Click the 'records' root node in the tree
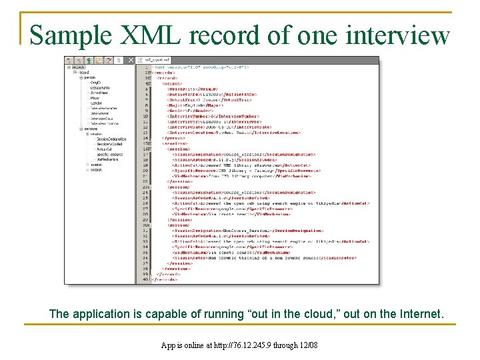[77, 67]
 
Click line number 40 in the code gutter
[145, 279]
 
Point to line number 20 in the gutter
[145, 171]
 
